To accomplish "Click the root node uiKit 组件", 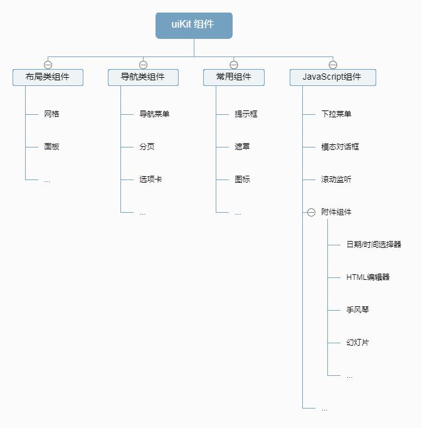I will [x=194, y=25].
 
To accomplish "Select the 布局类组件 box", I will [x=48, y=77].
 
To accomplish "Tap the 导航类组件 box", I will [x=143, y=77].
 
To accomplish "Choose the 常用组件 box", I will [x=234, y=77].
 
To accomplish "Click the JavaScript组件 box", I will [x=332, y=77].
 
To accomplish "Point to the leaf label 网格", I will [x=51, y=114].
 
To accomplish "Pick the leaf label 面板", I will [x=51, y=147].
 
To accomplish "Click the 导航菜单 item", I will [x=154, y=114].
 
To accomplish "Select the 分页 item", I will [x=147, y=147].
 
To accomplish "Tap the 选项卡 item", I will [x=150, y=179].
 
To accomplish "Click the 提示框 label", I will [x=246, y=114].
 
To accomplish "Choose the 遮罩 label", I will [x=242, y=147].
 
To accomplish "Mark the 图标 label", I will [x=242, y=179].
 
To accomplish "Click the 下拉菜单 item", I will [x=336, y=114].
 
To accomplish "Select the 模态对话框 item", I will [x=340, y=147].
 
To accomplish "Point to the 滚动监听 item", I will [x=336, y=179].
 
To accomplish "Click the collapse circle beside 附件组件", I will [x=311, y=212].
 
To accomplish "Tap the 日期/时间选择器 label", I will [x=374, y=245].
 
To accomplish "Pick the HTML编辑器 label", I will [x=367, y=277].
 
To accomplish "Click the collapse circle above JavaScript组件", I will [x=333, y=65].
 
